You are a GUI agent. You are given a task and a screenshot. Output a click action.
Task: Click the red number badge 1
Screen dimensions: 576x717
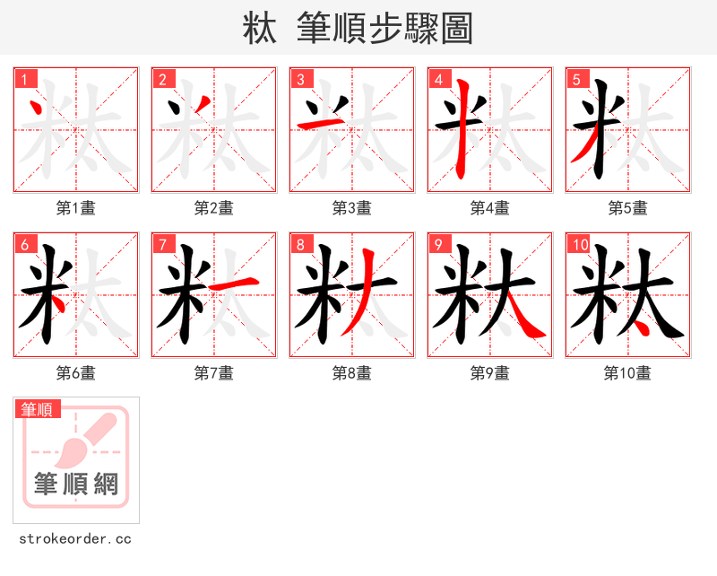[24, 79]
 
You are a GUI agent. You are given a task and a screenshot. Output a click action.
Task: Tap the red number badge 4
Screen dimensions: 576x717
[438, 79]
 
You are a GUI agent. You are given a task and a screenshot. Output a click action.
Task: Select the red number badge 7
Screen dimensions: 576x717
[162, 244]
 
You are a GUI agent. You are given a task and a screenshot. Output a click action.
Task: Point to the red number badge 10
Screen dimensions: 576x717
[579, 244]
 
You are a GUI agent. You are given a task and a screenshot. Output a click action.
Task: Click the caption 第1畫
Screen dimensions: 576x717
[75, 208]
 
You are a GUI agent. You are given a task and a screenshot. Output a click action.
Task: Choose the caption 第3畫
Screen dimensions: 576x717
[351, 208]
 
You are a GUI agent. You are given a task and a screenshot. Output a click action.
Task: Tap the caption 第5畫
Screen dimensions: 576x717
[627, 208]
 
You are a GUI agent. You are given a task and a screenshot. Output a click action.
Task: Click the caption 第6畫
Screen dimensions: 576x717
[75, 373]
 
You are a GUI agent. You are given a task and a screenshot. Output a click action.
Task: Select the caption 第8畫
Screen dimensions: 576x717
[351, 373]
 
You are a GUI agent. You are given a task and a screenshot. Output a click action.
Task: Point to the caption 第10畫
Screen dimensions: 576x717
[627, 373]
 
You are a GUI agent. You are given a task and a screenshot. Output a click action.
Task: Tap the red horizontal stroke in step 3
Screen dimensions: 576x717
[314, 122]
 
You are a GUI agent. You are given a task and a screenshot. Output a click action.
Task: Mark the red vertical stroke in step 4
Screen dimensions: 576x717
[462, 130]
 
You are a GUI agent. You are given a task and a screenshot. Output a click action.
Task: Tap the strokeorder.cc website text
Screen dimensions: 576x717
[75, 539]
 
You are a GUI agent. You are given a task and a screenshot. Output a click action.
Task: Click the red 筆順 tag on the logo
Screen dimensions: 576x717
[38, 409]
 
